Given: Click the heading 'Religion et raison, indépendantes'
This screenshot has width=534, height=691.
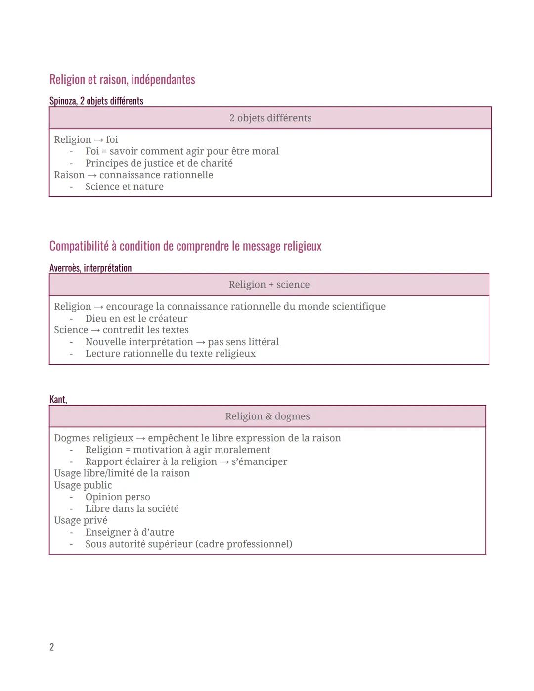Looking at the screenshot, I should [x=122, y=79].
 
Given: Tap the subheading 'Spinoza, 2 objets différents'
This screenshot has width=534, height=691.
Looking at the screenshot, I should [x=96, y=101].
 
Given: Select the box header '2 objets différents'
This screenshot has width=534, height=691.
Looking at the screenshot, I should [x=270, y=118].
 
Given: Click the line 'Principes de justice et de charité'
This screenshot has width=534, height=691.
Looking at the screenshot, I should [x=159, y=163].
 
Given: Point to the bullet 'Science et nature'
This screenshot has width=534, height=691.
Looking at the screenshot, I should [x=124, y=187].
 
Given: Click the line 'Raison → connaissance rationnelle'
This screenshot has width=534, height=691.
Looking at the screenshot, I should [x=133, y=175].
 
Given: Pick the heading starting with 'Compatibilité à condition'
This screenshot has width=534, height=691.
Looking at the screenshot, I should [x=185, y=246].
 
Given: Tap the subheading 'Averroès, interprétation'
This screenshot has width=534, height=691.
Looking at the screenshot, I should [x=90, y=268].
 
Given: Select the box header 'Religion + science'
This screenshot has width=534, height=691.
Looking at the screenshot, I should [x=269, y=285].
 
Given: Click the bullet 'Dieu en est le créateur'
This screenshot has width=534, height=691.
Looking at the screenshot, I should [x=136, y=319].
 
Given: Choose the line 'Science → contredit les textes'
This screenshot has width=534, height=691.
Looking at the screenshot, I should [x=121, y=330].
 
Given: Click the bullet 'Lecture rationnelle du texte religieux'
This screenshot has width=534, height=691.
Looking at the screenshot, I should [x=170, y=354].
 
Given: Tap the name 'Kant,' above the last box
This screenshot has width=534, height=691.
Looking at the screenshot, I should [x=58, y=399].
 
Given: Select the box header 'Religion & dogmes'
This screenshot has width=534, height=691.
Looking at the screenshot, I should [x=267, y=416].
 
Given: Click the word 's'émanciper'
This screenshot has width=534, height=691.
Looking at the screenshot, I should [x=259, y=461].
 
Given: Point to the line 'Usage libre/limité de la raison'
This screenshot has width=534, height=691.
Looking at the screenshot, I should [x=122, y=473].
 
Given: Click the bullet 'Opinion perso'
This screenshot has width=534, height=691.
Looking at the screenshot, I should [x=118, y=497].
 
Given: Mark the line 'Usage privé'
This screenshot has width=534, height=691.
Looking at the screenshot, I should [x=81, y=520].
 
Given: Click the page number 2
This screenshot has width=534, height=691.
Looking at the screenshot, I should [x=52, y=647].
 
